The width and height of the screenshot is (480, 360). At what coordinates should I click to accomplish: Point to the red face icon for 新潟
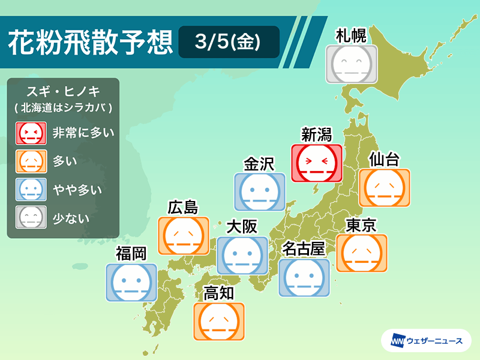point(316,163)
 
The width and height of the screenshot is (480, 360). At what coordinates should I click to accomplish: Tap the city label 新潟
point(316,134)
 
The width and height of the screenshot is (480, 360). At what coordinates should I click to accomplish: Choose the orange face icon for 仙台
point(384,188)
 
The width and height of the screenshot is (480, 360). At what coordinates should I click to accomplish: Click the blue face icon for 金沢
point(259,191)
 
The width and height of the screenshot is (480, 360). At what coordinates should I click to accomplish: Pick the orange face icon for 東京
point(362,253)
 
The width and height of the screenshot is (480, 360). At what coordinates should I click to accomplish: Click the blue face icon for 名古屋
point(304,278)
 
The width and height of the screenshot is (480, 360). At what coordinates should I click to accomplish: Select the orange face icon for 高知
point(219,322)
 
